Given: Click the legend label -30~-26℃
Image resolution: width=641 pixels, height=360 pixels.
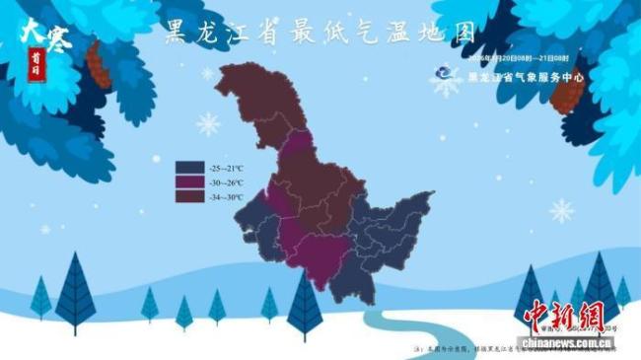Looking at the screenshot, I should point(226,181).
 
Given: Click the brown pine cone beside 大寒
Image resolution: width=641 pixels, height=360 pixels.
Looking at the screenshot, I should point(99,64).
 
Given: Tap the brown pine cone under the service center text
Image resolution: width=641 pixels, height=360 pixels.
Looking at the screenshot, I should point(567,96).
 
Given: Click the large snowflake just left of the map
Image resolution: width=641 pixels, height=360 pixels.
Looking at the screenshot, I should point(208,123).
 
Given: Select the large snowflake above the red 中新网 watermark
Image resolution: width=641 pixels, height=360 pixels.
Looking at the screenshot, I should point(561,210).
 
